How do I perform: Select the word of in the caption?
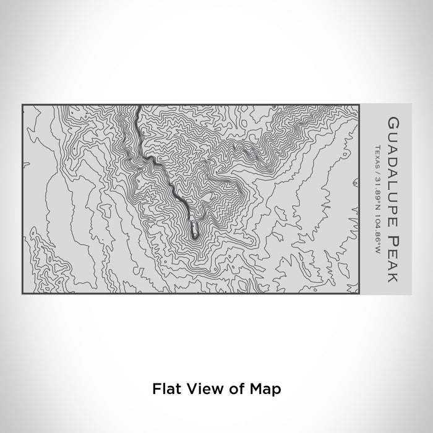(233, 390)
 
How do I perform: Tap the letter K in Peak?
(391, 277)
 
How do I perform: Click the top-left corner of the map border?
(23, 105)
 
